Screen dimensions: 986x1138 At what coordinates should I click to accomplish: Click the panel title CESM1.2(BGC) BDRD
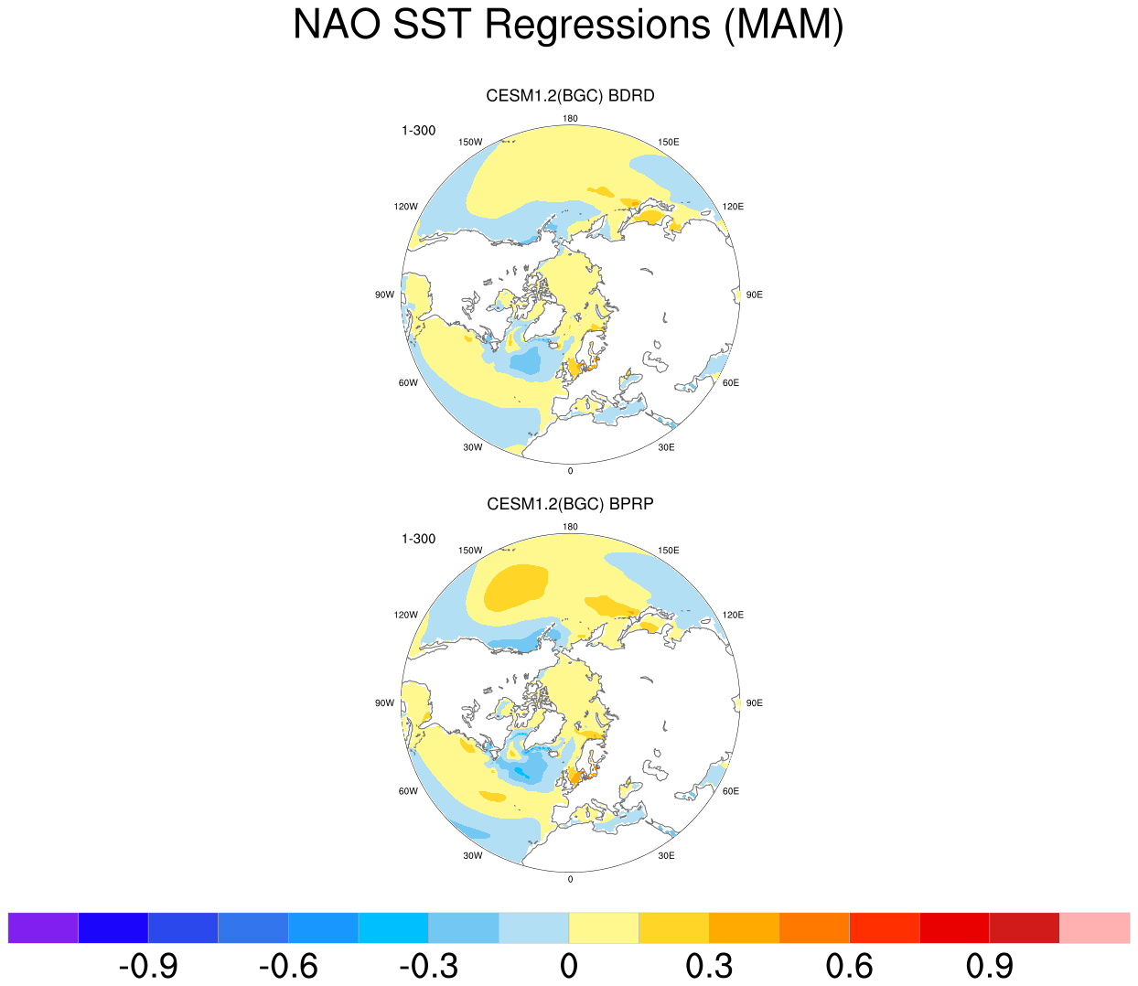tap(570, 96)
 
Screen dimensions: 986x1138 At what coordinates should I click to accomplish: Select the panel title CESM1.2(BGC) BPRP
tap(570, 504)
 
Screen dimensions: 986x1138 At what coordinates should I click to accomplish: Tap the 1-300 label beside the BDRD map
tap(419, 131)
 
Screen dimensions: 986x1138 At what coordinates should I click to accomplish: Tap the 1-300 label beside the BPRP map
tap(419, 539)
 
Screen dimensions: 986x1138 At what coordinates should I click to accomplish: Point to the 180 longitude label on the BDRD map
tap(570, 119)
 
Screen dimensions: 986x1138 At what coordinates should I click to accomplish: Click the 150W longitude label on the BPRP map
tap(470, 551)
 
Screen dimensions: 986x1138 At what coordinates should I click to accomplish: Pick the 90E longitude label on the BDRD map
tap(754, 295)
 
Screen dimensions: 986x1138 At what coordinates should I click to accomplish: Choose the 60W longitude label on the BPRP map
tap(408, 791)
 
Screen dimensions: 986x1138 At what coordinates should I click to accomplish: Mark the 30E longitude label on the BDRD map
tap(666, 447)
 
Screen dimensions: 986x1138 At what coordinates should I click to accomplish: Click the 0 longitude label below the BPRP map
tap(570, 879)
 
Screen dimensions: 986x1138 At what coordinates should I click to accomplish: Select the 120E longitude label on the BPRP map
tap(733, 615)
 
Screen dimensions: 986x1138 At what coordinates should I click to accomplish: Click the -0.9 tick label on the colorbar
tap(149, 966)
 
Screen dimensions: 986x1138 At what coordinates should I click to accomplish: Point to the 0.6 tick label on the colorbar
tap(849, 966)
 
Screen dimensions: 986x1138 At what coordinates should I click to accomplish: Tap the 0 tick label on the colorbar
tap(569, 966)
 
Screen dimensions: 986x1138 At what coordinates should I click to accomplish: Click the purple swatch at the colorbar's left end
tap(43, 927)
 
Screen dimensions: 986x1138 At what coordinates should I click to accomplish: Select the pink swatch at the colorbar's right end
tap(1094, 927)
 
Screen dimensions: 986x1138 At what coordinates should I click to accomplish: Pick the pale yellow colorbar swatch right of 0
tap(604, 927)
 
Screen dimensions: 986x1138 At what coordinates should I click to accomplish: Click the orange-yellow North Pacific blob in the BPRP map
tap(514, 587)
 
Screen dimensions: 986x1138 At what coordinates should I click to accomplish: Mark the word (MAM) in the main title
tap(784, 25)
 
